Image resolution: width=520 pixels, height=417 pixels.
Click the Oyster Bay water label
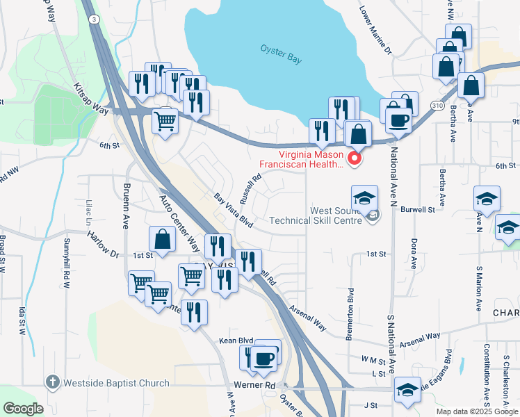pyautogui.click(x=281, y=54)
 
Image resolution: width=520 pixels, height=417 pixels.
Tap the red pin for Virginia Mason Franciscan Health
pyautogui.click(x=355, y=159)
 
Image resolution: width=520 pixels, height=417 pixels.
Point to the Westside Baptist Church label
pyautogui.click(x=116, y=383)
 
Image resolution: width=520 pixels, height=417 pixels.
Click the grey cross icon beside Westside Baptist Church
pyautogui.click(x=52, y=382)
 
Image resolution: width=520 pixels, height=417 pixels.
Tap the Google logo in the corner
pyautogui.click(x=24, y=409)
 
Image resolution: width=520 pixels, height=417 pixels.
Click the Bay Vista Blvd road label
pyautogui.click(x=233, y=209)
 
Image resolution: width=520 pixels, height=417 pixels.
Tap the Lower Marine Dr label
pyautogui.click(x=375, y=31)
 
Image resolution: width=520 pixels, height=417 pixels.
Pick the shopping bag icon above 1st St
pyautogui.click(x=162, y=240)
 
